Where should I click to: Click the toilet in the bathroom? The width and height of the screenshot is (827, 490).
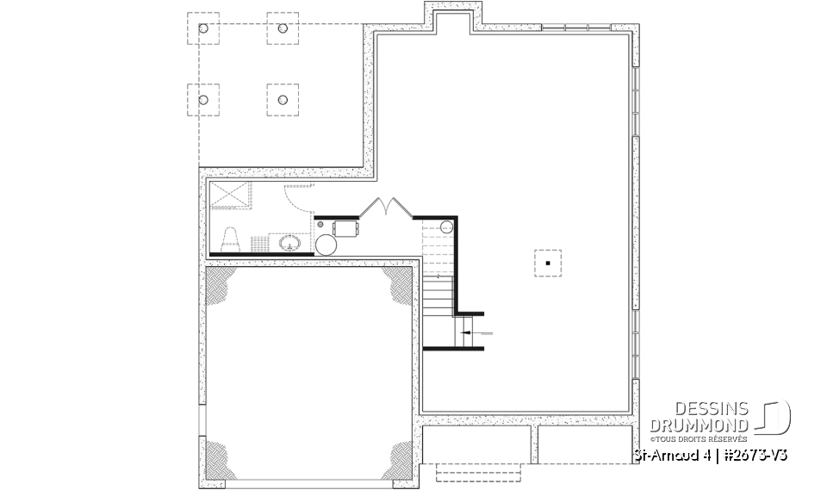[231, 239]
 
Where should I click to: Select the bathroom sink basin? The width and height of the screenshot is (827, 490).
[290, 244]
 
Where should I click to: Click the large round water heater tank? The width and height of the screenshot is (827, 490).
[327, 244]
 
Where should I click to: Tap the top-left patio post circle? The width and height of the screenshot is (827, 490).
[203, 28]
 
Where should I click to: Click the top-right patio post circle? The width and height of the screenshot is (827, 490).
[282, 28]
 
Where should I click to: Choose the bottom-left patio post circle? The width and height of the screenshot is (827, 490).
[203, 99]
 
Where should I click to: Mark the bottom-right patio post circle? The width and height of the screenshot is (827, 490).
[282, 99]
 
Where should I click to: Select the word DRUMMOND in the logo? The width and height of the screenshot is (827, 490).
[699, 425]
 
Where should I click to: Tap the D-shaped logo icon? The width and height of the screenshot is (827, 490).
[773, 417]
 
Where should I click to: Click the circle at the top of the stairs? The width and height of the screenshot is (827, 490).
[446, 226]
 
